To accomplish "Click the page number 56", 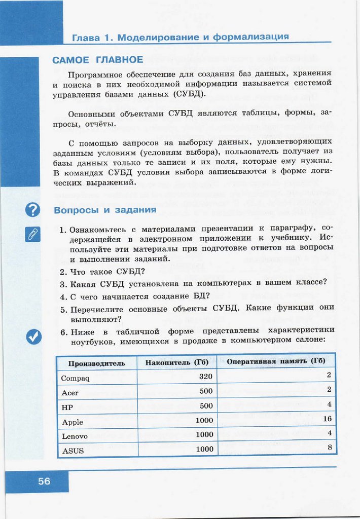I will coord(44,481).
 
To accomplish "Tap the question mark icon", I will coord(32,209).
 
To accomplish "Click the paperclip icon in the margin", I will coord(32,234).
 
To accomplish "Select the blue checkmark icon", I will coord(33,337).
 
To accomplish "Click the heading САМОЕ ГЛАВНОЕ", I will coord(97,60).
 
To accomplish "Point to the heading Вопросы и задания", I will coord(105,210).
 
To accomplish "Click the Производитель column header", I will coord(96,363).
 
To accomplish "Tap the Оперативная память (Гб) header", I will coord(276,361).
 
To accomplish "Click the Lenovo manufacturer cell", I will coord(75,436).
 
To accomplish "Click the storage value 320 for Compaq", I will coord(206,377).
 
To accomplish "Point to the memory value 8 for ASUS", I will coord(329,447).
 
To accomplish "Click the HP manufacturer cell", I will coord(67,407).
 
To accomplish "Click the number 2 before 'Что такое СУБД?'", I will coord(62,271).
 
